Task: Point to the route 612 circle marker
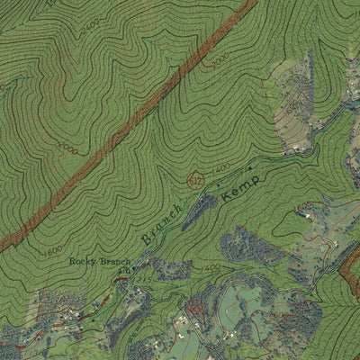click(x=196, y=181)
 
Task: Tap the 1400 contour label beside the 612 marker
click(x=220, y=167)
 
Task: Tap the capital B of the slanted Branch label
click(x=147, y=240)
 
